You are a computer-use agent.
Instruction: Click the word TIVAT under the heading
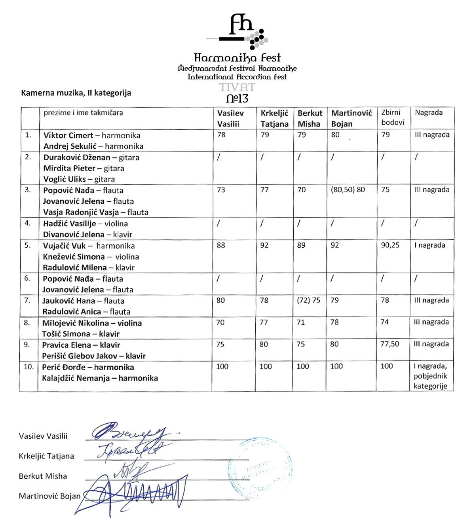(237, 87)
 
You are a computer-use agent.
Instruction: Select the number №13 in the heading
(237, 98)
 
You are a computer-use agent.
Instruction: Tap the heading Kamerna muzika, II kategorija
(76, 93)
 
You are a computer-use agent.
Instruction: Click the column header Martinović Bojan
(351, 118)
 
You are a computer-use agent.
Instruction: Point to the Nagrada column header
(429, 112)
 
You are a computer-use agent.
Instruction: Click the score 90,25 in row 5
(390, 245)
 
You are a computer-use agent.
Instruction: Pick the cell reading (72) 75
(309, 300)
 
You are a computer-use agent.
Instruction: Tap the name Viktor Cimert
(68, 135)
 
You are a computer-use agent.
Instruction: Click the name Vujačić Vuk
(64, 246)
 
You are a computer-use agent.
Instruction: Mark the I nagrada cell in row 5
(429, 245)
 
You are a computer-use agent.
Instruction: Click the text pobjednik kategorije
(430, 381)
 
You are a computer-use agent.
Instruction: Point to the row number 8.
(27, 322)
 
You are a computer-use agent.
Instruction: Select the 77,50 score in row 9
(389, 344)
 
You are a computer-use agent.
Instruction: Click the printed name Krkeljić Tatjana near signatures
(46, 456)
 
